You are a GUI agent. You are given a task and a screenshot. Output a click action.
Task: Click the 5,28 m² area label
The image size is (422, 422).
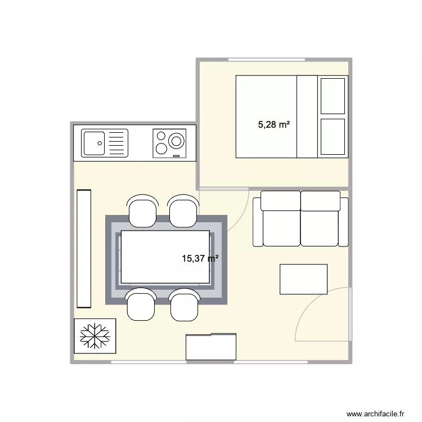click(x=273, y=124)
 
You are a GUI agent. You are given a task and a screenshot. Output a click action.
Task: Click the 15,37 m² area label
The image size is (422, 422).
click(x=200, y=259)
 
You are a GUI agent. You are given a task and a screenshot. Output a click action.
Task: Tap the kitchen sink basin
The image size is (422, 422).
click(x=94, y=143)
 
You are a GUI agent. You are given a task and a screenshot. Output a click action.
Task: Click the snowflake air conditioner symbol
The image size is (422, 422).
click(x=95, y=336)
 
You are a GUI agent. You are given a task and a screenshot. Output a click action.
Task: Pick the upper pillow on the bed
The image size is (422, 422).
click(x=332, y=96)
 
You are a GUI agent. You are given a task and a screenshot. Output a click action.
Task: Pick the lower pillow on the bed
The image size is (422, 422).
click(x=332, y=137)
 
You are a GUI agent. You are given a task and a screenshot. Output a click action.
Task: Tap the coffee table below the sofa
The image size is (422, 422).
click(x=303, y=279)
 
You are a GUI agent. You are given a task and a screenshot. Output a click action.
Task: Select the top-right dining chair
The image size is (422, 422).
click(x=183, y=211)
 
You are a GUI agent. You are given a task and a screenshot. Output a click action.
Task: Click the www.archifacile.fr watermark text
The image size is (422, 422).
click(x=375, y=414)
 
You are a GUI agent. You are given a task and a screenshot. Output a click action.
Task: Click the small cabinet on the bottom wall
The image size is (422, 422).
click(x=211, y=347)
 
